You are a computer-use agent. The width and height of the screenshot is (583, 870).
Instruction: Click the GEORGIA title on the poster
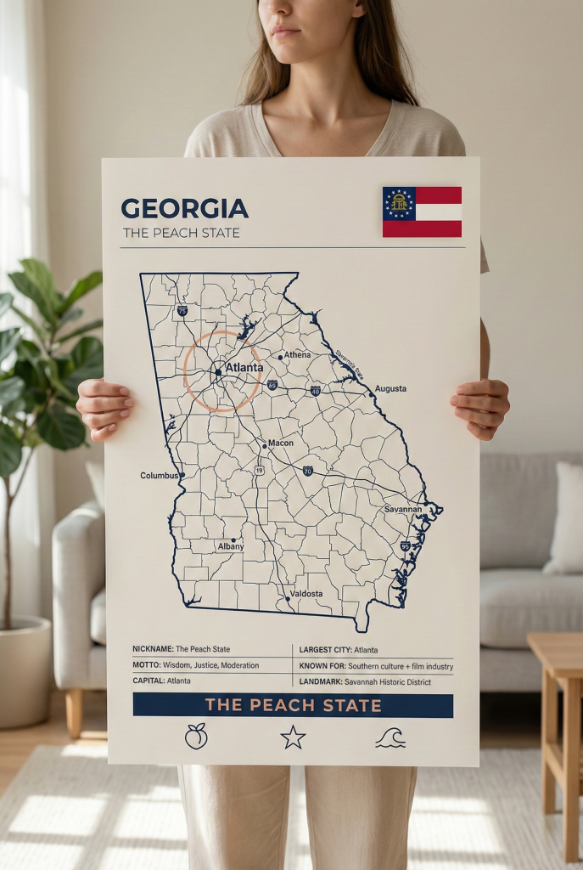(x=184, y=208)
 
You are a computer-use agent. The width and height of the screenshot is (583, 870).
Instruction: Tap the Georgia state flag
(x=422, y=212)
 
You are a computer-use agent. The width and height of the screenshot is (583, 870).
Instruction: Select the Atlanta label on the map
(x=244, y=368)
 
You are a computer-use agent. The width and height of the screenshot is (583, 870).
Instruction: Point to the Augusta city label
(x=390, y=388)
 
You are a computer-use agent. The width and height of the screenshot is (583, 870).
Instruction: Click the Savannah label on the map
(x=402, y=509)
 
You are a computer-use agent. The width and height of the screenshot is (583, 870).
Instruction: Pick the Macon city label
(x=281, y=443)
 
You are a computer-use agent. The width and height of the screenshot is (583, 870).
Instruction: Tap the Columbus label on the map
(x=159, y=476)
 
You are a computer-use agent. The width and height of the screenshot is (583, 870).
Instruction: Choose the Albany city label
(x=230, y=546)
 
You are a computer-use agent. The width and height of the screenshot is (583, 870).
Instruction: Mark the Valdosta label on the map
(x=306, y=593)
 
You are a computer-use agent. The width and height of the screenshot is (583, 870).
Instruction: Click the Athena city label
(x=297, y=354)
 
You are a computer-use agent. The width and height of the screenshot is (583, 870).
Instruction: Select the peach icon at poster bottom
(x=196, y=737)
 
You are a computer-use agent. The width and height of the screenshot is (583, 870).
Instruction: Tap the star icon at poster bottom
(x=293, y=737)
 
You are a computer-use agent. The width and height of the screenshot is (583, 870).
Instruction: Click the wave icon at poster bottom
(x=390, y=737)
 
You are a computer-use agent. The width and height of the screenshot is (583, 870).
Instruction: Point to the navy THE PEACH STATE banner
(x=293, y=705)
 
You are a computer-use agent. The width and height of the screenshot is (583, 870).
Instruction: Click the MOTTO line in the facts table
(x=196, y=665)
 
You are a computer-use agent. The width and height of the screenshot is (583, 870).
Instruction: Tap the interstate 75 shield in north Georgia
(x=182, y=311)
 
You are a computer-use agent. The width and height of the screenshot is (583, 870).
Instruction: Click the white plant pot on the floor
(x=24, y=671)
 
